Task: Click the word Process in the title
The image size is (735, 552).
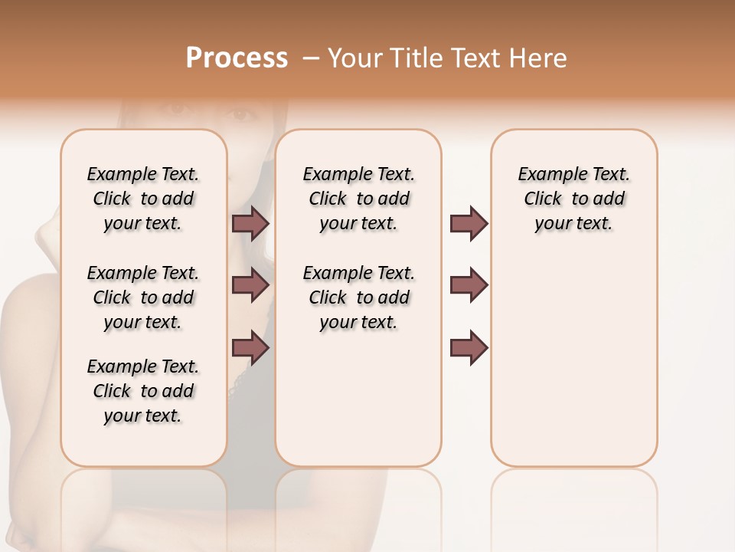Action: (x=237, y=58)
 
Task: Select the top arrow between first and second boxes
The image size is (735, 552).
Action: (x=250, y=224)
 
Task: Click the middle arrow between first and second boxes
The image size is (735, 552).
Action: (x=250, y=285)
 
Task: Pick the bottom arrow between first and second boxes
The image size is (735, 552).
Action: (x=250, y=347)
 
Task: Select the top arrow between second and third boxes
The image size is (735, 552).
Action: (x=469, y=224)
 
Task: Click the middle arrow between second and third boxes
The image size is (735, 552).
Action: (x=469, y=285)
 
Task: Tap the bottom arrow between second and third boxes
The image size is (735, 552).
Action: (x=469, y=347)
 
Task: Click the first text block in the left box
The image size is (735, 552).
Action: (x=143, y=199)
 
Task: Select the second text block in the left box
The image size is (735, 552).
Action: (x=143, y=297)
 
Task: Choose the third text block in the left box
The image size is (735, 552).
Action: (x=143, y=391)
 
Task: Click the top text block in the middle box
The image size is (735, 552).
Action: (x=358, y=199)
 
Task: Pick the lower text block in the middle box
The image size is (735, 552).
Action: (x=358, y=297)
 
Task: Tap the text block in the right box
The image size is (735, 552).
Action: (x=573, y=199)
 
